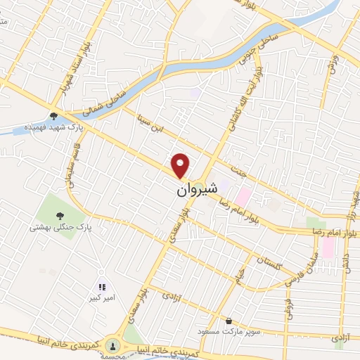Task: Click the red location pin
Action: [181, 165]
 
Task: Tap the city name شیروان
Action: [193, 189]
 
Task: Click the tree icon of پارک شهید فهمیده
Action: [54, 117]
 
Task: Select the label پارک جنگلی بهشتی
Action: [62, 228]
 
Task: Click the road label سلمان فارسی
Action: [303, 269]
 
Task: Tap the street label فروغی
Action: [287, 304]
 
